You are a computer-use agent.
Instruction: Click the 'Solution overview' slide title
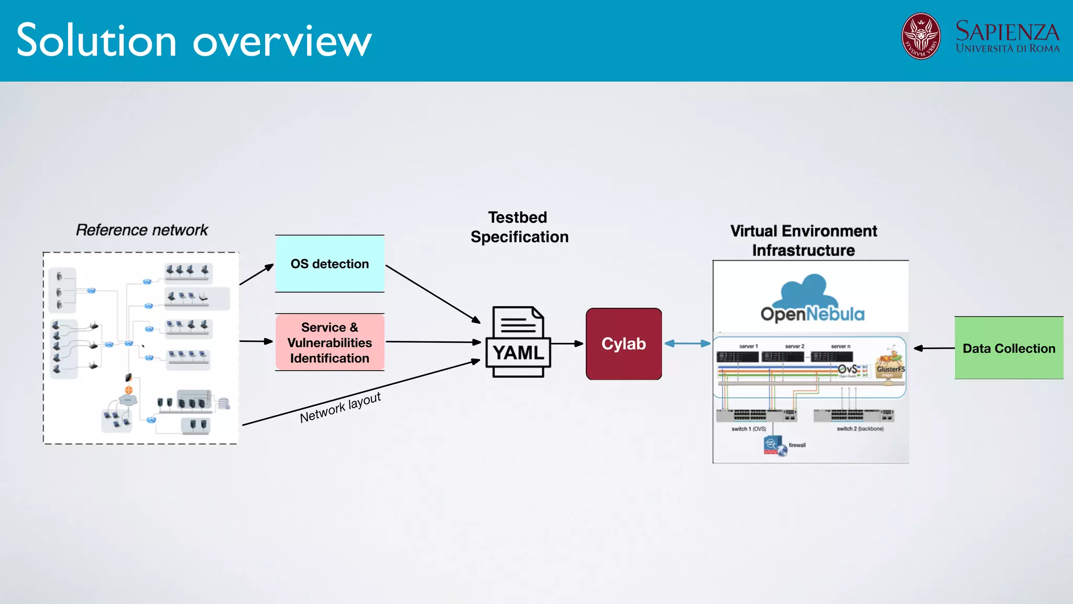[194, 41]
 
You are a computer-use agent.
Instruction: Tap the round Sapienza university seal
[921, 36]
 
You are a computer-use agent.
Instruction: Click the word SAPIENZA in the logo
[1007, 31]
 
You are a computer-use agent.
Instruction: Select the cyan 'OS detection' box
[330, 264]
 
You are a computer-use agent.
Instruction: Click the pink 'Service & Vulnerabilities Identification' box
[330, 342]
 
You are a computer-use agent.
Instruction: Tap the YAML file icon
[518, 342]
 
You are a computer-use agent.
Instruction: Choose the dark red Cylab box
[623, 344]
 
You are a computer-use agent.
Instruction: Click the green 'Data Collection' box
[1009, 348]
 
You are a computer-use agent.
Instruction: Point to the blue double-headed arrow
[687, 343]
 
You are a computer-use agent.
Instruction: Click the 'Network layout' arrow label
[340, 407]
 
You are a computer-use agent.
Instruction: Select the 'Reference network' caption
[141, 230]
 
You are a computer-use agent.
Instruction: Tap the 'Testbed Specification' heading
[519, 227]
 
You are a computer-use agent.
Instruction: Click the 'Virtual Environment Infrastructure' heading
[804, 241]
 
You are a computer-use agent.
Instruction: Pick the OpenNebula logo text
[813, 314]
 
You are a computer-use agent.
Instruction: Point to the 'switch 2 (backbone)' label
[860, 429]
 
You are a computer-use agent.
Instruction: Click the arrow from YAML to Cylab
[567, 344]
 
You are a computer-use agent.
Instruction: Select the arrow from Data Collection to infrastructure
[934, 348]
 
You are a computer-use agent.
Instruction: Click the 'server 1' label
[748, 347]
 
